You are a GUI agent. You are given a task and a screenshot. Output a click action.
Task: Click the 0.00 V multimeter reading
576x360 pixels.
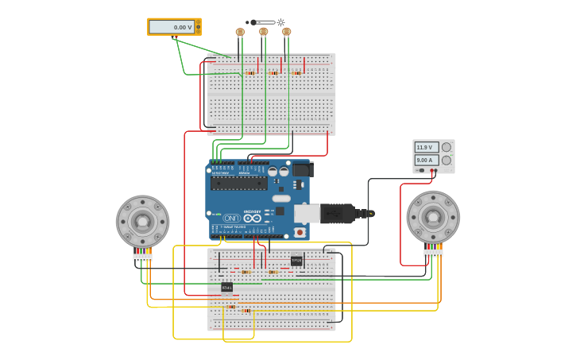[172, 27]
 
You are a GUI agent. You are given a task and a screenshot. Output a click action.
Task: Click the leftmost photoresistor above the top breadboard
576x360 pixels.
[240, 32]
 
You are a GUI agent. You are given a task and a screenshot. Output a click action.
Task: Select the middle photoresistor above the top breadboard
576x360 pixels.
[264, 32]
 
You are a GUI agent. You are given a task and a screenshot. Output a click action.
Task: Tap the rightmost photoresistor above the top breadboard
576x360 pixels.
[287, 32]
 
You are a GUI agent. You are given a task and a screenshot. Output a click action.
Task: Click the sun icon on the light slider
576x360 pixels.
[280, 22]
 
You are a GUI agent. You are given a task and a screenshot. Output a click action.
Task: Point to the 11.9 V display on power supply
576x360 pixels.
[426, 147]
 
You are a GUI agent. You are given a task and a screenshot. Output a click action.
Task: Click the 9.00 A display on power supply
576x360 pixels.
[426, 160]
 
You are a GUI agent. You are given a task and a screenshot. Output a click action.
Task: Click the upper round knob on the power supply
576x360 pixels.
[446, 147]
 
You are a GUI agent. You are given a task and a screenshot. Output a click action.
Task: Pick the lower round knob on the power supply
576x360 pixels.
[446, 160]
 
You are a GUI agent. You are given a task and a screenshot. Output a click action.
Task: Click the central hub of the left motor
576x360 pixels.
[142, 222]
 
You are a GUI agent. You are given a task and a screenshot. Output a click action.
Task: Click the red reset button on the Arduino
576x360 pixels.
[300, 232]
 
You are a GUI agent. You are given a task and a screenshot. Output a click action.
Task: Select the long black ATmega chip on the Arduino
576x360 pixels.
[238, 183]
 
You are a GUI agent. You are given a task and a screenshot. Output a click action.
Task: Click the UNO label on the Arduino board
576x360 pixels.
[231, 218]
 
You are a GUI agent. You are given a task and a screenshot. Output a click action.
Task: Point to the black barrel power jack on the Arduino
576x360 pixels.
[303, 169]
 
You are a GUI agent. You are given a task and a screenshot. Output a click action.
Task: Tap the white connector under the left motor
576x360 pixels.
[142, 257]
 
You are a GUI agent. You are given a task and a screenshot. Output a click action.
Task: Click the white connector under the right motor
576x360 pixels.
[433, 252]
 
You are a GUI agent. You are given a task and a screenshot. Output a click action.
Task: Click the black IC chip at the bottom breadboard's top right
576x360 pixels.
[296, 261]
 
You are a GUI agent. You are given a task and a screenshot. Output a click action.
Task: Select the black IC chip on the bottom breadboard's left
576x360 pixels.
[226, 286]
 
